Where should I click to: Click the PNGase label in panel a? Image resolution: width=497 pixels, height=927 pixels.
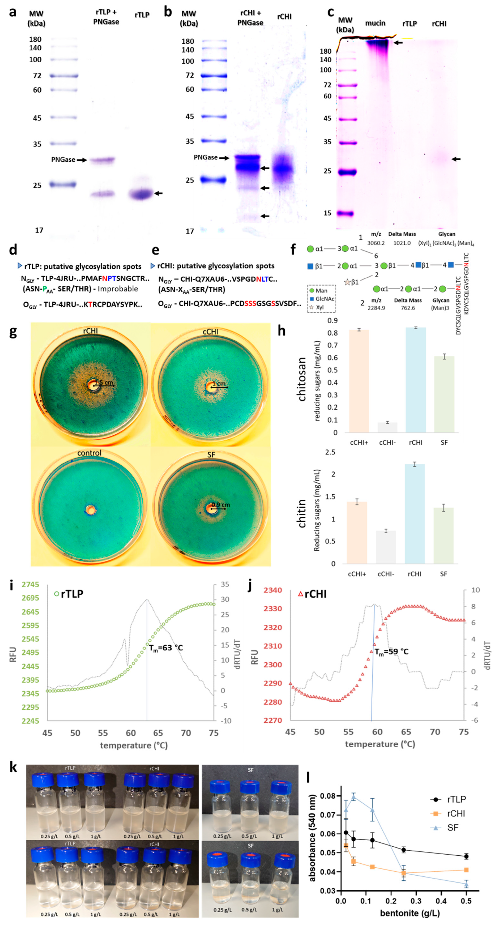pyautogui.click(x=63, y=160)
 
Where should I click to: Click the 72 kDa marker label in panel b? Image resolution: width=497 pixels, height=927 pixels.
pyautogui.click(x=190, y=75)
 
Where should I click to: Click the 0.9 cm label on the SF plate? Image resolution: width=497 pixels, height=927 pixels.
pyautogui.click(x=221, y=505)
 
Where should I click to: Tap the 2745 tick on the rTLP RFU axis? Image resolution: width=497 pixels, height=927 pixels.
pyautogui.click(x=30, y=585)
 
